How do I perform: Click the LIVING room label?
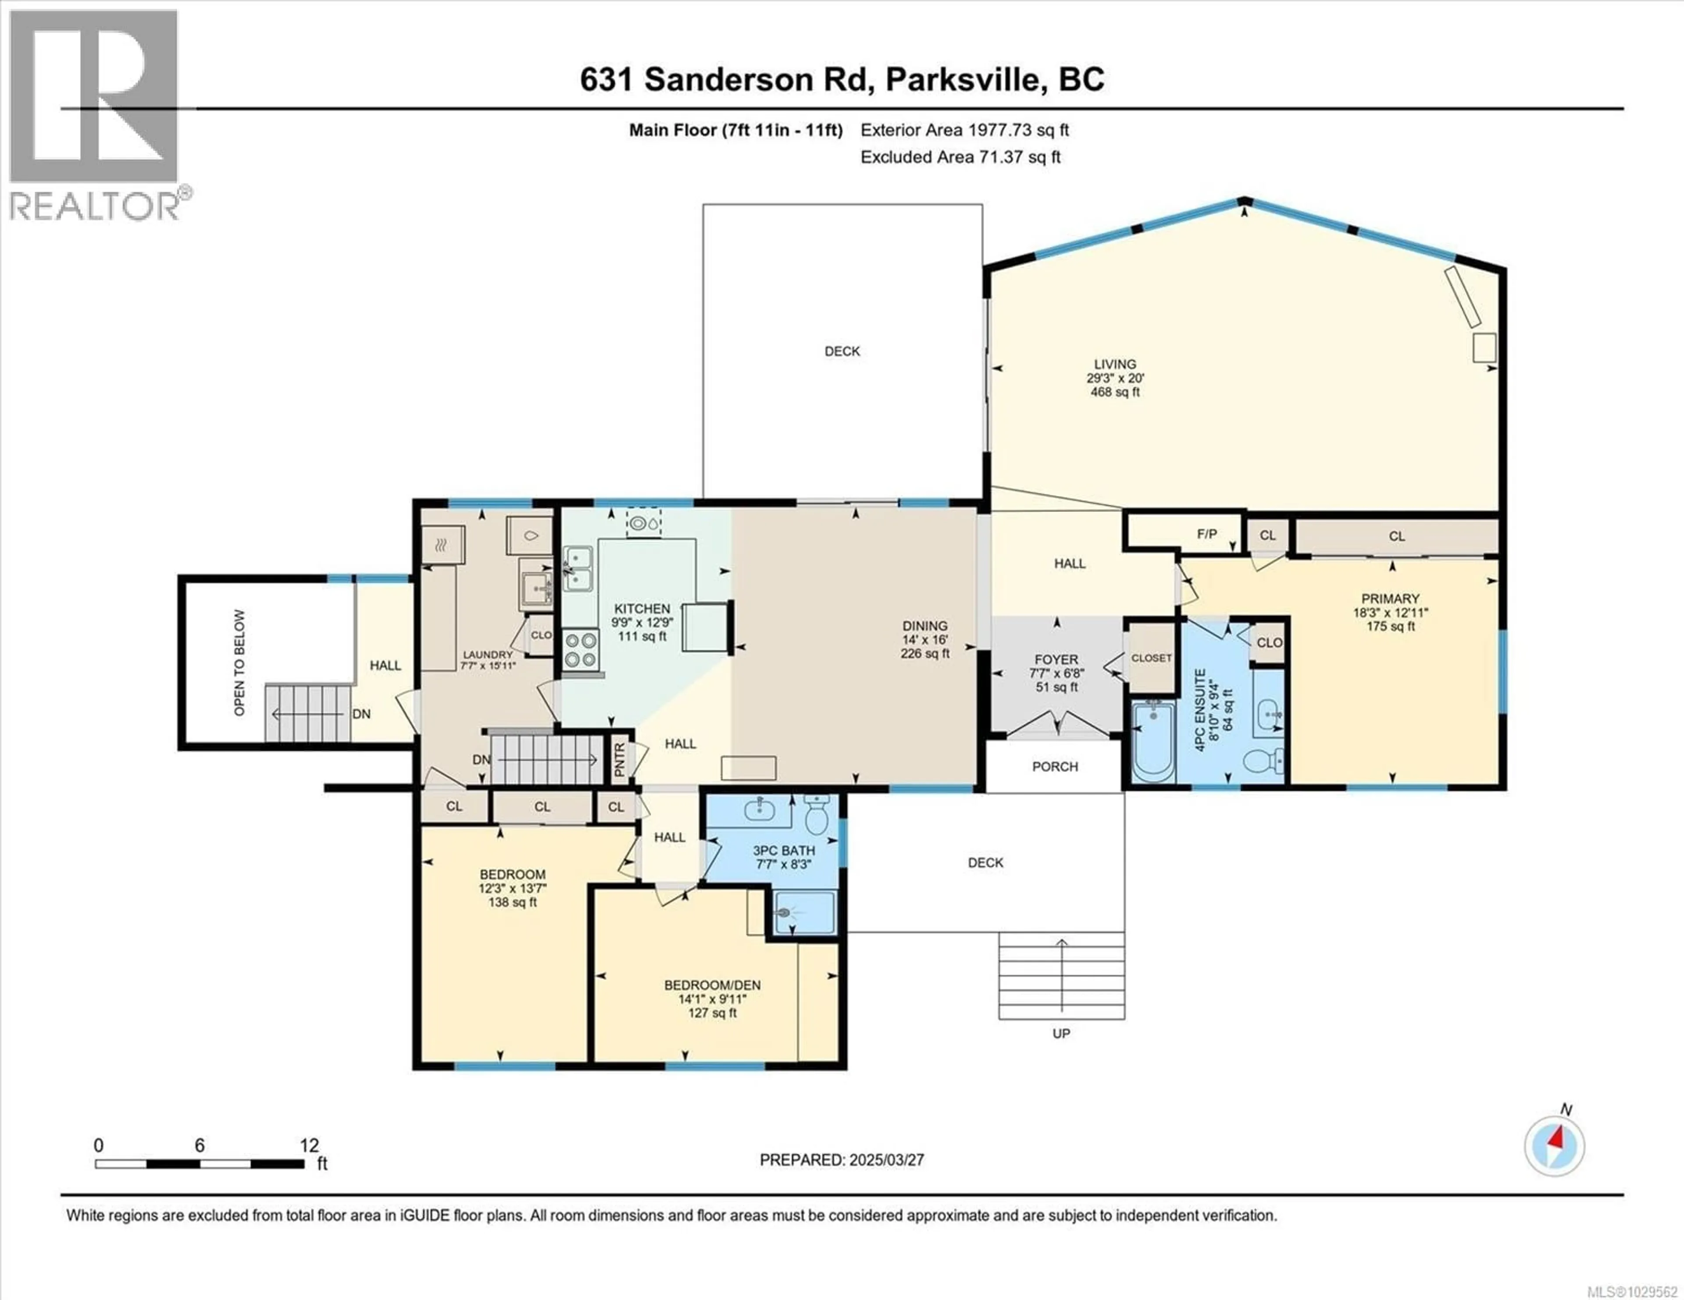point(1115,364)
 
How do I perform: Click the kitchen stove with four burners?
point(580,649)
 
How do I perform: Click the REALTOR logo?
point(94,116)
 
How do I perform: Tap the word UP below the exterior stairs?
point(1061,1033)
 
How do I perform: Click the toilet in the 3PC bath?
point(816,815)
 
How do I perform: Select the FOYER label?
point(1056,659)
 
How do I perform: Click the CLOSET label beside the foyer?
point(1151,658)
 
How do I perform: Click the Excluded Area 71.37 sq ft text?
point(960,157)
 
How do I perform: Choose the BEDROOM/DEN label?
point(713,985)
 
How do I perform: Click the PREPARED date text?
point(841,1160)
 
